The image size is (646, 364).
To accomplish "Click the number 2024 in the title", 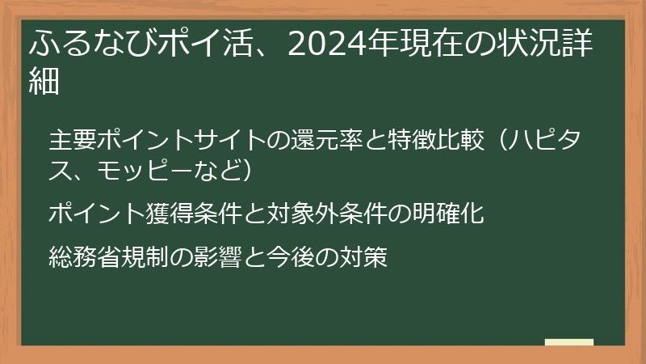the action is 326,44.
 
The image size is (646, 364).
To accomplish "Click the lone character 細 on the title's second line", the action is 44,80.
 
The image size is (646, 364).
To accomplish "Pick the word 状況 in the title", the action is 528,44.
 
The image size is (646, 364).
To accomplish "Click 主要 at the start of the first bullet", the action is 73,140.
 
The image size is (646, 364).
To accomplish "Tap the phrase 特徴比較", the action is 436,140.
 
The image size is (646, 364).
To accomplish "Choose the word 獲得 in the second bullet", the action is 170,214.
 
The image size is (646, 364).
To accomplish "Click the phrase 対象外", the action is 303,214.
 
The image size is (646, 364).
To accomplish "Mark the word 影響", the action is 218,256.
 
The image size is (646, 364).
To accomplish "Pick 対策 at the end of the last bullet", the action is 363,256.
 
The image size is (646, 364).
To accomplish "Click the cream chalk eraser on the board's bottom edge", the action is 569,342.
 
